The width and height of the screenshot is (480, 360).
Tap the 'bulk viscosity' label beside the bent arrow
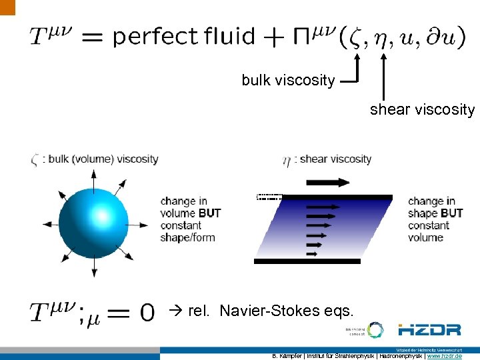tap(288, 81)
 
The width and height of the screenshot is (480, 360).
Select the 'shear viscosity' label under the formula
tap(422, 109)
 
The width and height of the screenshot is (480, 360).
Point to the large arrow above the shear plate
tap(327, 182)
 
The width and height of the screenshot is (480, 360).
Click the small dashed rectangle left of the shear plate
tap(269, 197)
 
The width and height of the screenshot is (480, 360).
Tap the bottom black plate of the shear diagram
tap(307, 261)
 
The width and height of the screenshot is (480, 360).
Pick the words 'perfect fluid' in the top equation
tap(184, 36)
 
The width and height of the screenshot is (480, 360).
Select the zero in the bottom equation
tap(147, 312)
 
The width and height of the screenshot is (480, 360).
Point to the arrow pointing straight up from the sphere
tap(93, 179)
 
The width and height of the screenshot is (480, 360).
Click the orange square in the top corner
tap(7, 7)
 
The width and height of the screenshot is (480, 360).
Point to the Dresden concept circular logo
tap(375, 329)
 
